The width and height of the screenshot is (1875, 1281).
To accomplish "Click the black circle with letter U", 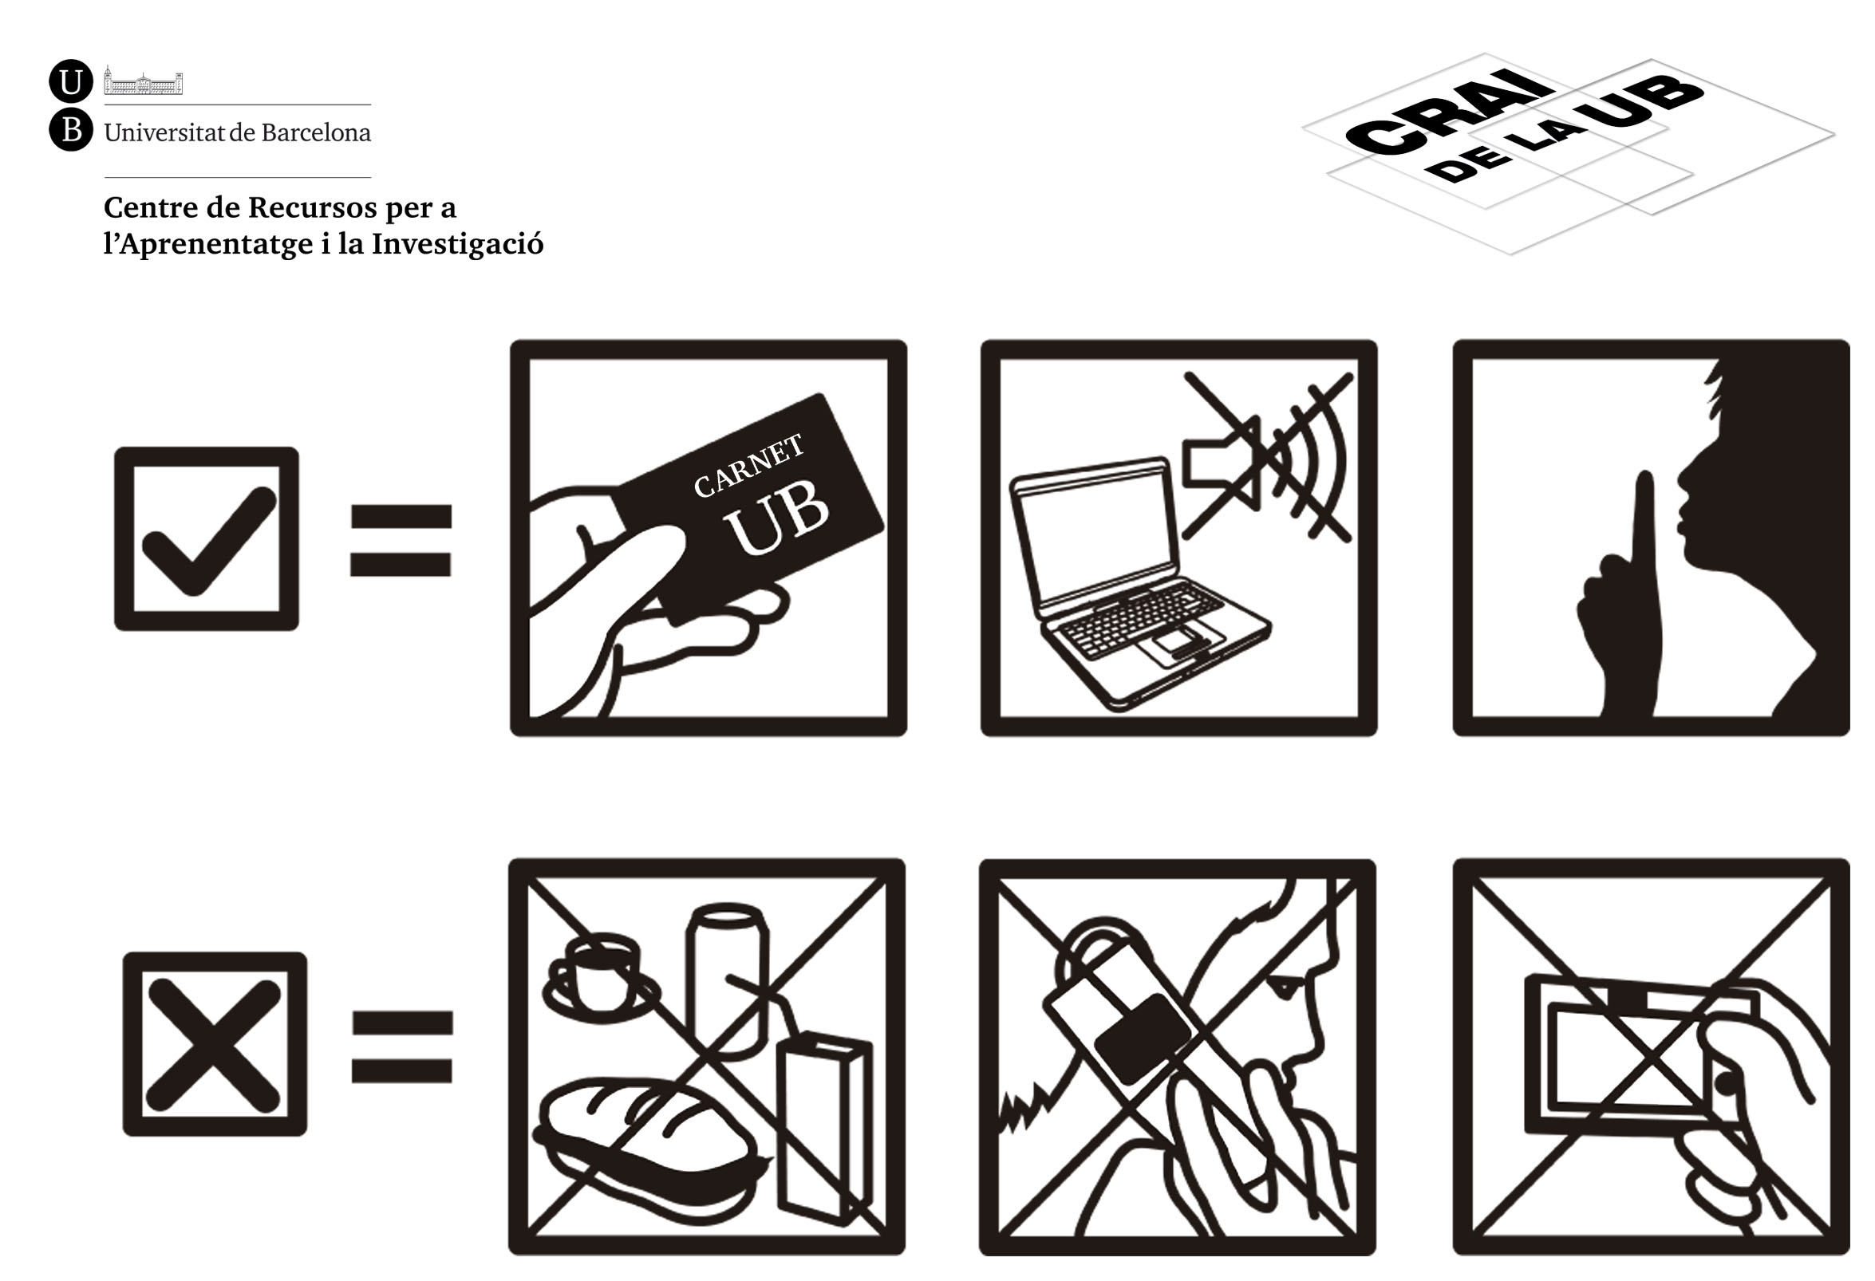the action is (71, 81).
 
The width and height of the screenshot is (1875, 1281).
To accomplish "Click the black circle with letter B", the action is (71, 130).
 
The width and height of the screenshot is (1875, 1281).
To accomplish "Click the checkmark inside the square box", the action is (209, 541).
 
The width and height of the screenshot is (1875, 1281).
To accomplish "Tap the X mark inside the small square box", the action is (215, 1045).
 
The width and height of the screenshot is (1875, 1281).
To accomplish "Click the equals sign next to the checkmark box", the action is (401, 541).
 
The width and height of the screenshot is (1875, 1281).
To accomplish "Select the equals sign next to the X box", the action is (402, 1046).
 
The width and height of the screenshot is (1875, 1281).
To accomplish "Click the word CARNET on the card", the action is (748, 466).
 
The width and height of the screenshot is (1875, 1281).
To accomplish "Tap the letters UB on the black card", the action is (776, 520).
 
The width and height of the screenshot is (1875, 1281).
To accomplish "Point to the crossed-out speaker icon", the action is (1267, 456).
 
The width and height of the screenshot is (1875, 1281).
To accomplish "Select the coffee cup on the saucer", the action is (602, 979).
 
